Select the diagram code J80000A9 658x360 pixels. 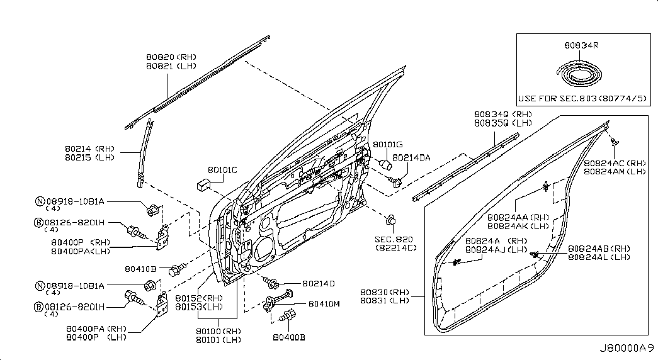point(626,347)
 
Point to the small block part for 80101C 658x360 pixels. point(203,184)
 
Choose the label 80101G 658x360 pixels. point(387,145)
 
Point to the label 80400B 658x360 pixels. point(289,337)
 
